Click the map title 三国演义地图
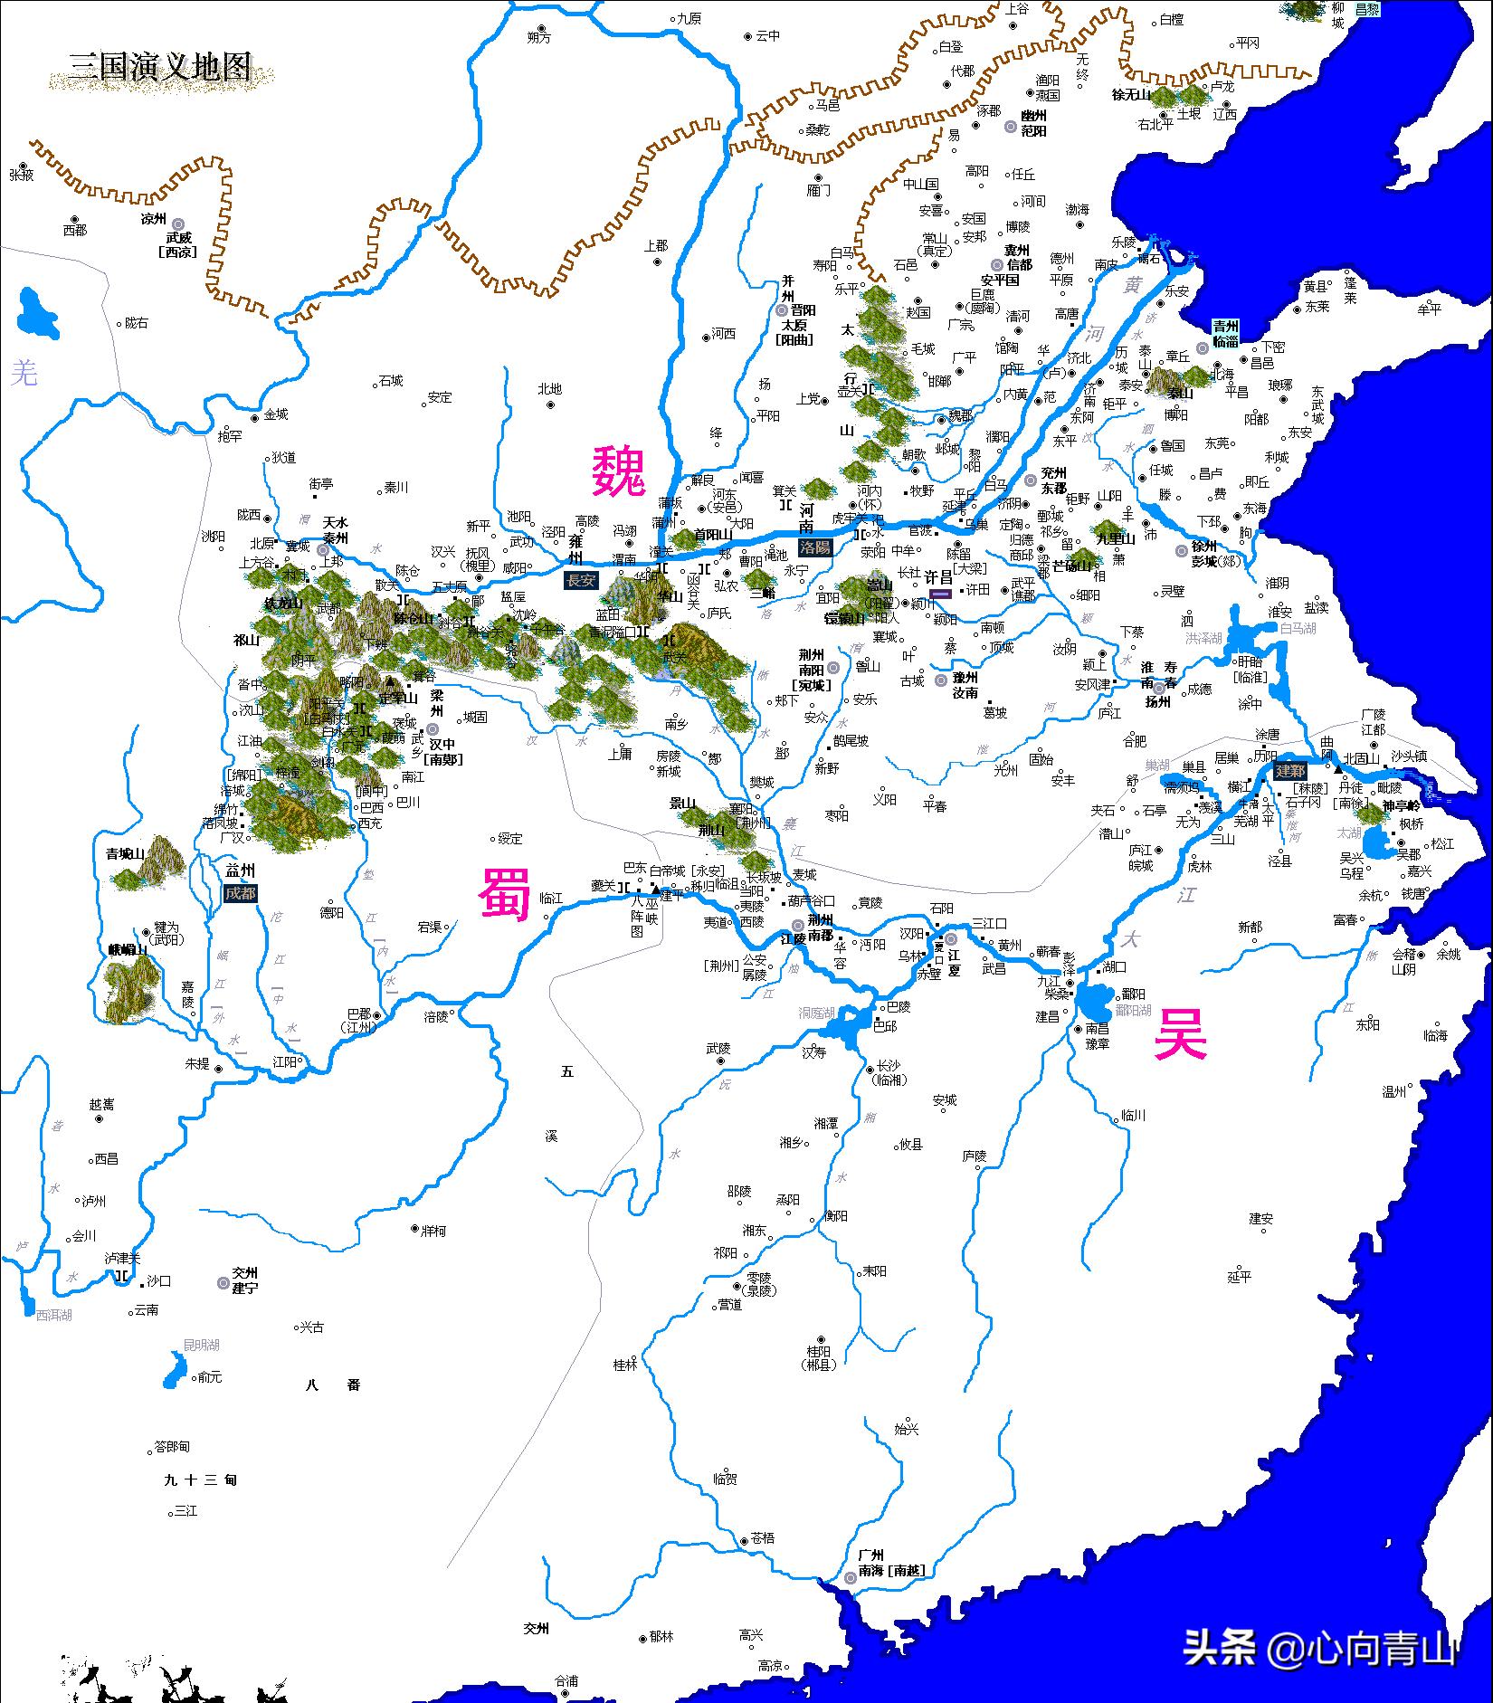point(160,67)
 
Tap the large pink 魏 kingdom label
point(619,471)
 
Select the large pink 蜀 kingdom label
point(504,893)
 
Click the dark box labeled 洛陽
point(815,547)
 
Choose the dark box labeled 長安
point(581,581)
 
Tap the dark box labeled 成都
point(241,893)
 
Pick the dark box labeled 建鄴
point(1290,771)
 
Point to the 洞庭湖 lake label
point(816,1013)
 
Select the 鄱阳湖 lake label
point(1133,1010)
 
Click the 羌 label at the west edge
point(24,372)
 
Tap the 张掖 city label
point(21,175)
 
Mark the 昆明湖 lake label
point(201,1346)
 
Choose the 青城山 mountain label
point(126,852)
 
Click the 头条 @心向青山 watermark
point(1319,1646)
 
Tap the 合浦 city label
point(566,1680)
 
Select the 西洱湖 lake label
point(53,1315)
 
